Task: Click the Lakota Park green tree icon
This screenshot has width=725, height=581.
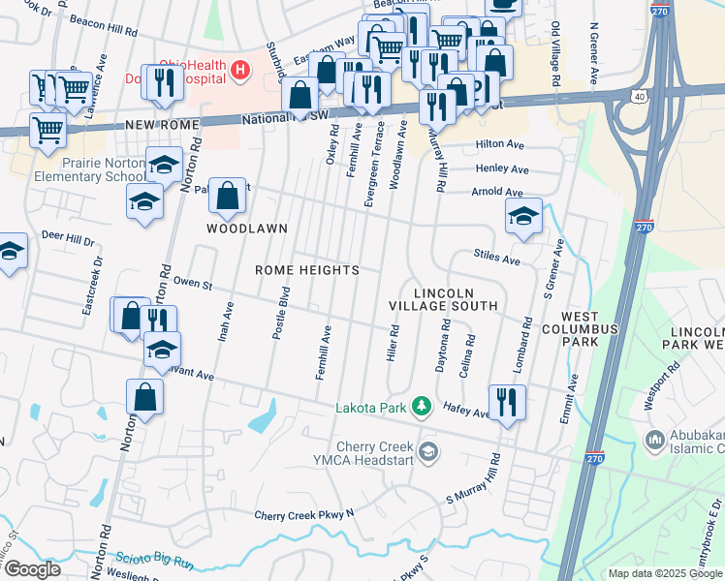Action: (x=421, y=406)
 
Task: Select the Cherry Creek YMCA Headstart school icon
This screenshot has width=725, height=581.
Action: (x=427, y=451)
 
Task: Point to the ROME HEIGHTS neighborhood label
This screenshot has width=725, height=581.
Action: (x=307, y=270)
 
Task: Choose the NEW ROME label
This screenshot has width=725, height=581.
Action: (x=161, y=126)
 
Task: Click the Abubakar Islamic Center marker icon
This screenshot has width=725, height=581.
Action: (x=656, y=441)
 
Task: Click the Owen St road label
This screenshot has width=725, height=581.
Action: (x=192, y=284)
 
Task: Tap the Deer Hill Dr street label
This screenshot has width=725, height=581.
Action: (x=67, y=239)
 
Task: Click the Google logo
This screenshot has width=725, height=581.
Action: (x=31, y=569)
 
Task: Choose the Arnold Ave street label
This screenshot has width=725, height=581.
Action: (x=498, y=192)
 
